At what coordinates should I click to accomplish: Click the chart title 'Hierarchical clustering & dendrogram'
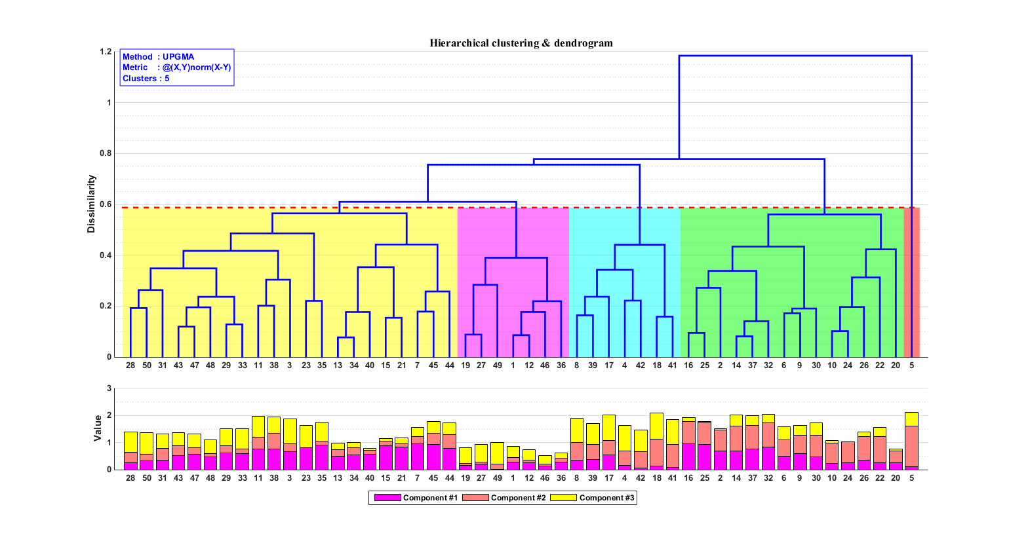tap(521, 43)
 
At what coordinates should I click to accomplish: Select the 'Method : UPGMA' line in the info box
tap(158, 57)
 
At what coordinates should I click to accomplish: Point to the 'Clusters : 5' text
tap(146, 79)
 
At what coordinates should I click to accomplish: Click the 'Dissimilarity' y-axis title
tap(92, 204)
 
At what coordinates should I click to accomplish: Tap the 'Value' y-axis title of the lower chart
tap(98, 428)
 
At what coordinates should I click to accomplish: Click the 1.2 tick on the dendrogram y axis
tap(105, 52)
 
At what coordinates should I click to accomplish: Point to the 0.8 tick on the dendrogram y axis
tap(105, 153)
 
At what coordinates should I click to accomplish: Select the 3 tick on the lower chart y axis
tap(109, 388)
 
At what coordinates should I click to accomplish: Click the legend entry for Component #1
tap(416, 498)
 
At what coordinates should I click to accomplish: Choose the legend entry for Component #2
tap(504, 498)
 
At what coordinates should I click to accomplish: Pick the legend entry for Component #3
tap(593, 498)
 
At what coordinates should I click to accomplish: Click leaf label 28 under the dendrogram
tap(130, 365)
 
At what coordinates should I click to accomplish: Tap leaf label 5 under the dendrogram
tap(911, 365)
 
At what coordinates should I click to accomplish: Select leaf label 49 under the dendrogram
tap(497, 365)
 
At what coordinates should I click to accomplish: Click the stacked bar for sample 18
tap(656, 441)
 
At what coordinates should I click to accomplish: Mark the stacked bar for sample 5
tap(911, 441)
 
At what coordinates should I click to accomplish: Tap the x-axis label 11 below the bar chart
tap(258, 478)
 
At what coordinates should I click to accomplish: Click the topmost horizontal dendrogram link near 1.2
tap(795, 56)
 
